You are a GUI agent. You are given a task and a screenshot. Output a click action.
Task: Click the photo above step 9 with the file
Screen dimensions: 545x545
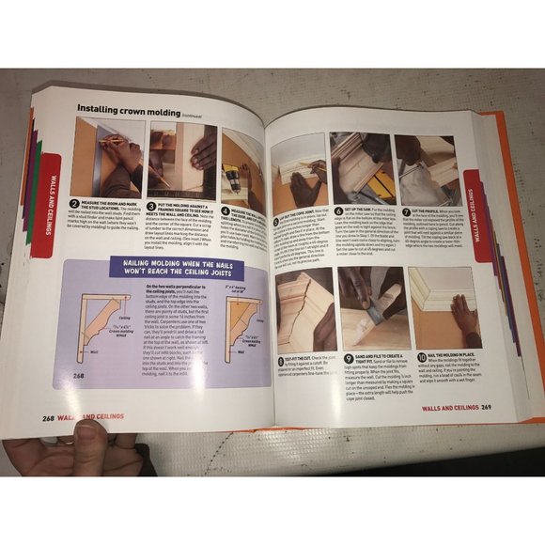(x=372, y=302)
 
